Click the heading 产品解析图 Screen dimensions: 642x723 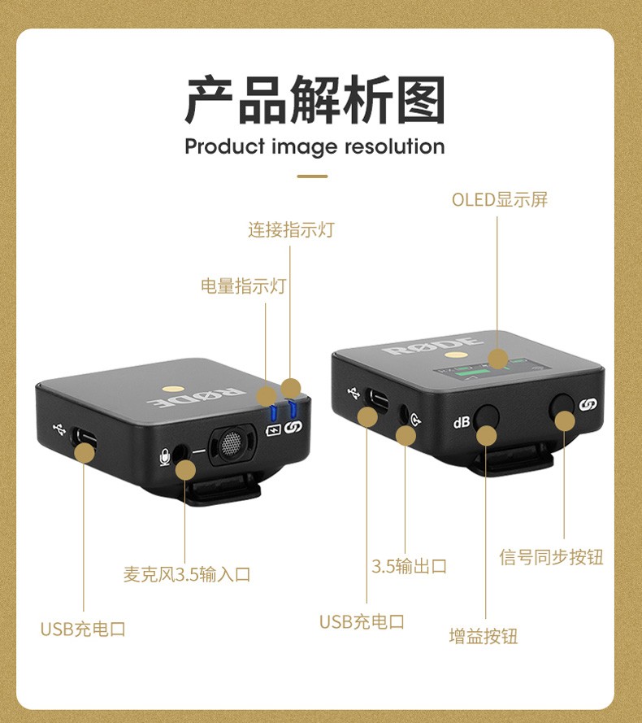point(315,99)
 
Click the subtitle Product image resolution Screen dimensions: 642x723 point(314,147)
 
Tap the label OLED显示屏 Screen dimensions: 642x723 point(500,199)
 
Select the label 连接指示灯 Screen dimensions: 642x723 point(291,229)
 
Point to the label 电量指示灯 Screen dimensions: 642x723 point(243,286)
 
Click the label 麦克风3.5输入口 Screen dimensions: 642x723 point(187,574)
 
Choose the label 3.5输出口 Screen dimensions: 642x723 point(410,566)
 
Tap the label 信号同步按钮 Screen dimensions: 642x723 point(551,557)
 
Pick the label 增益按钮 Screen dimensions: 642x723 point(484,636)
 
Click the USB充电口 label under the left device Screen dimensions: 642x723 point(83,629)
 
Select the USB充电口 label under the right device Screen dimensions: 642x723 point(362,622)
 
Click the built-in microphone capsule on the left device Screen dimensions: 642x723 point(232,444)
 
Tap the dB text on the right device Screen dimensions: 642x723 point(462,422)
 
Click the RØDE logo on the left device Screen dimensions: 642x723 point(195,397)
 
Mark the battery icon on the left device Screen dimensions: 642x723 point(273,430)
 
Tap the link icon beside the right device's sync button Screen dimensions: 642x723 point(588,405)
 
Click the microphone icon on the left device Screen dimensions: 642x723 point(164,457)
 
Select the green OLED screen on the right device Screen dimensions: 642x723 point(492,370)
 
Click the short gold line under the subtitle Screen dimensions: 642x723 point(312,176)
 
